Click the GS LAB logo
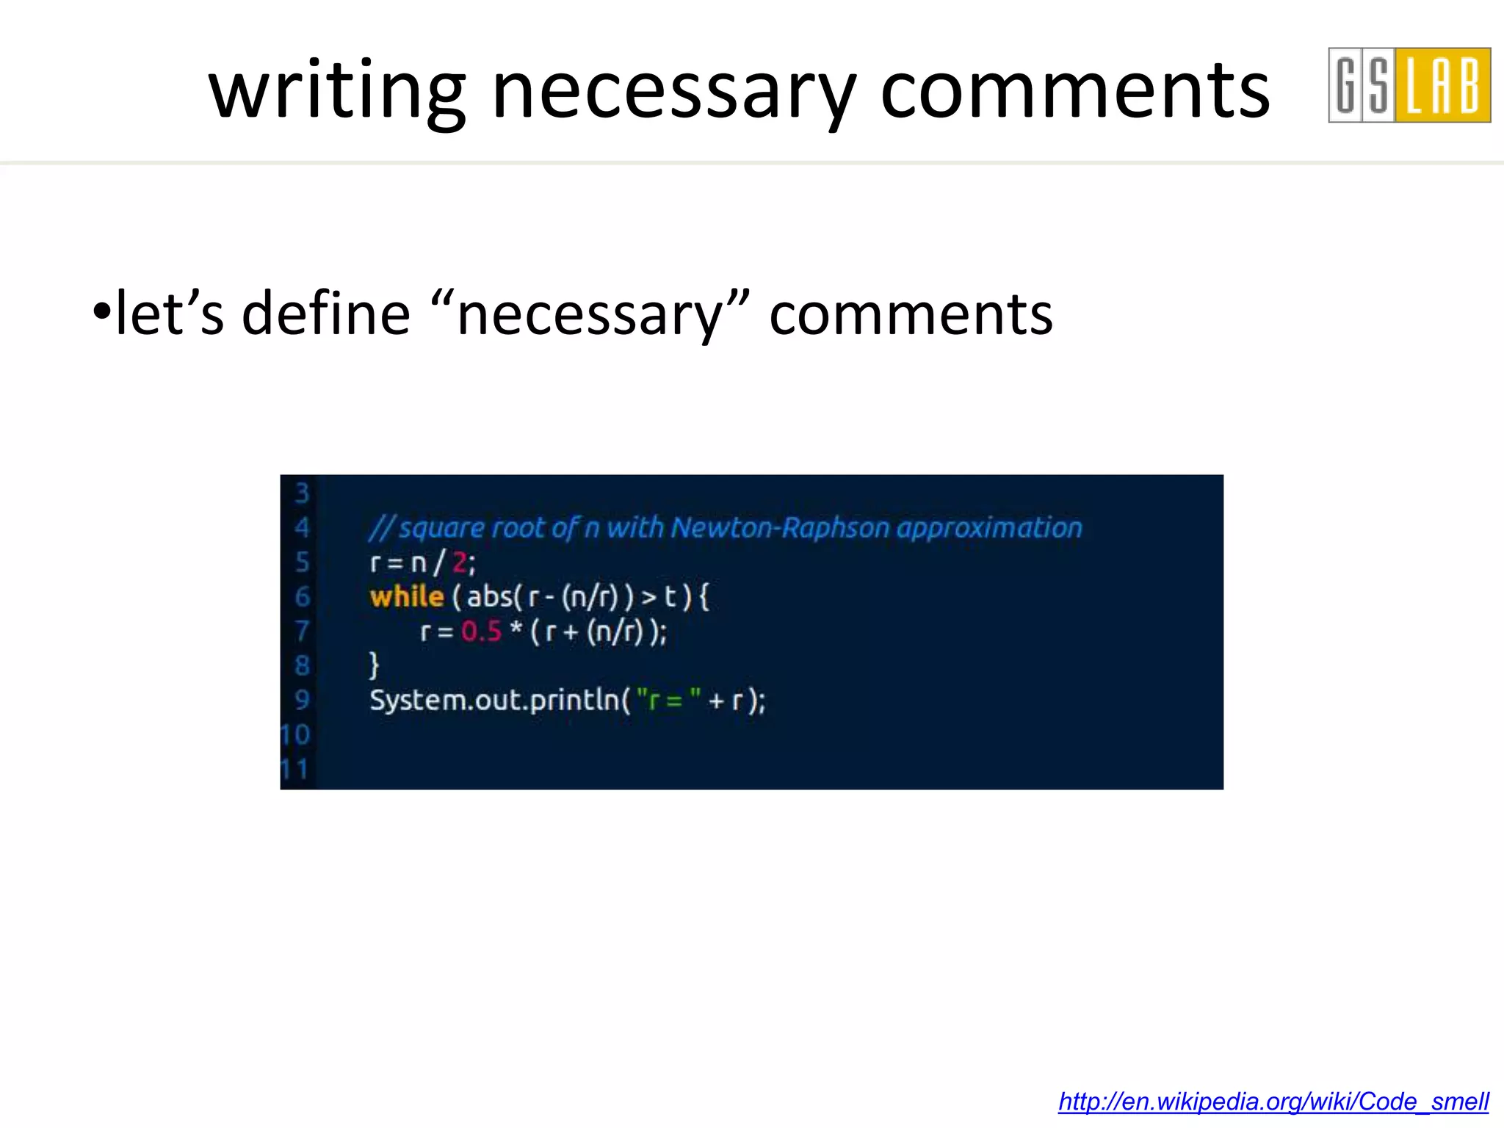(1409, 85)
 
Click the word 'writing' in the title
(336, 91)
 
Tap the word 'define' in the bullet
(325, 314)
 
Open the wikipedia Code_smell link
(1273, 1102)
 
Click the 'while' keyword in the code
(407, 596)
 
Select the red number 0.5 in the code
(481, 631)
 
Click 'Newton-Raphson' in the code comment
(780, 527)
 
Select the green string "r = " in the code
(668, 700)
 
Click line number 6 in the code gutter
(302, 596)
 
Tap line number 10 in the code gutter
(296, 734)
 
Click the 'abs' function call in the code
(489, 596)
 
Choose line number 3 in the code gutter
(302, 493)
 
